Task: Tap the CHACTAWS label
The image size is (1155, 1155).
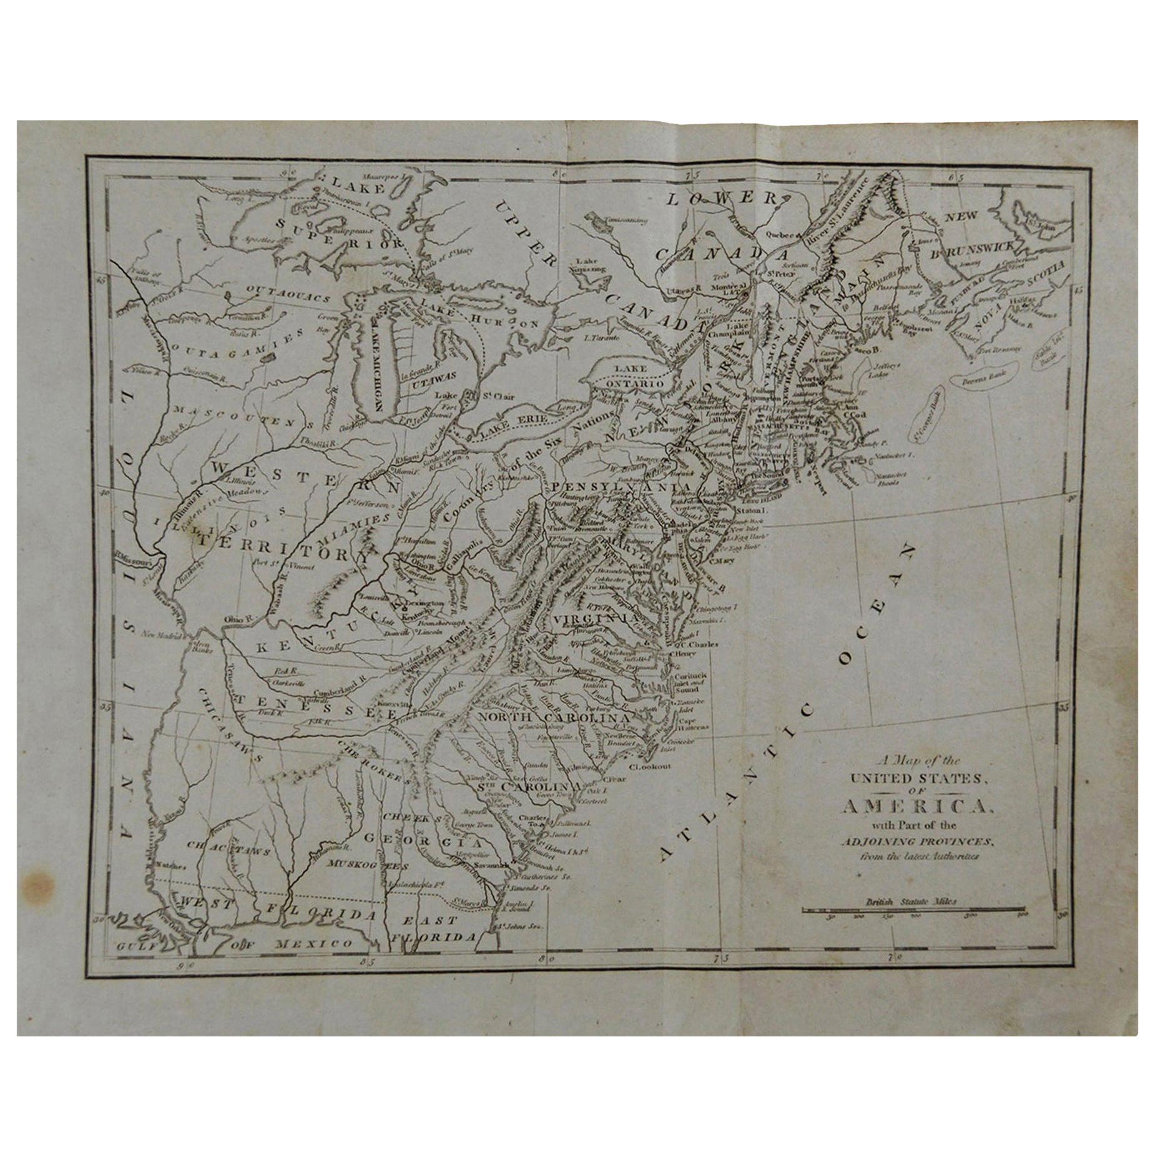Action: click(x=229, y=850)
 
